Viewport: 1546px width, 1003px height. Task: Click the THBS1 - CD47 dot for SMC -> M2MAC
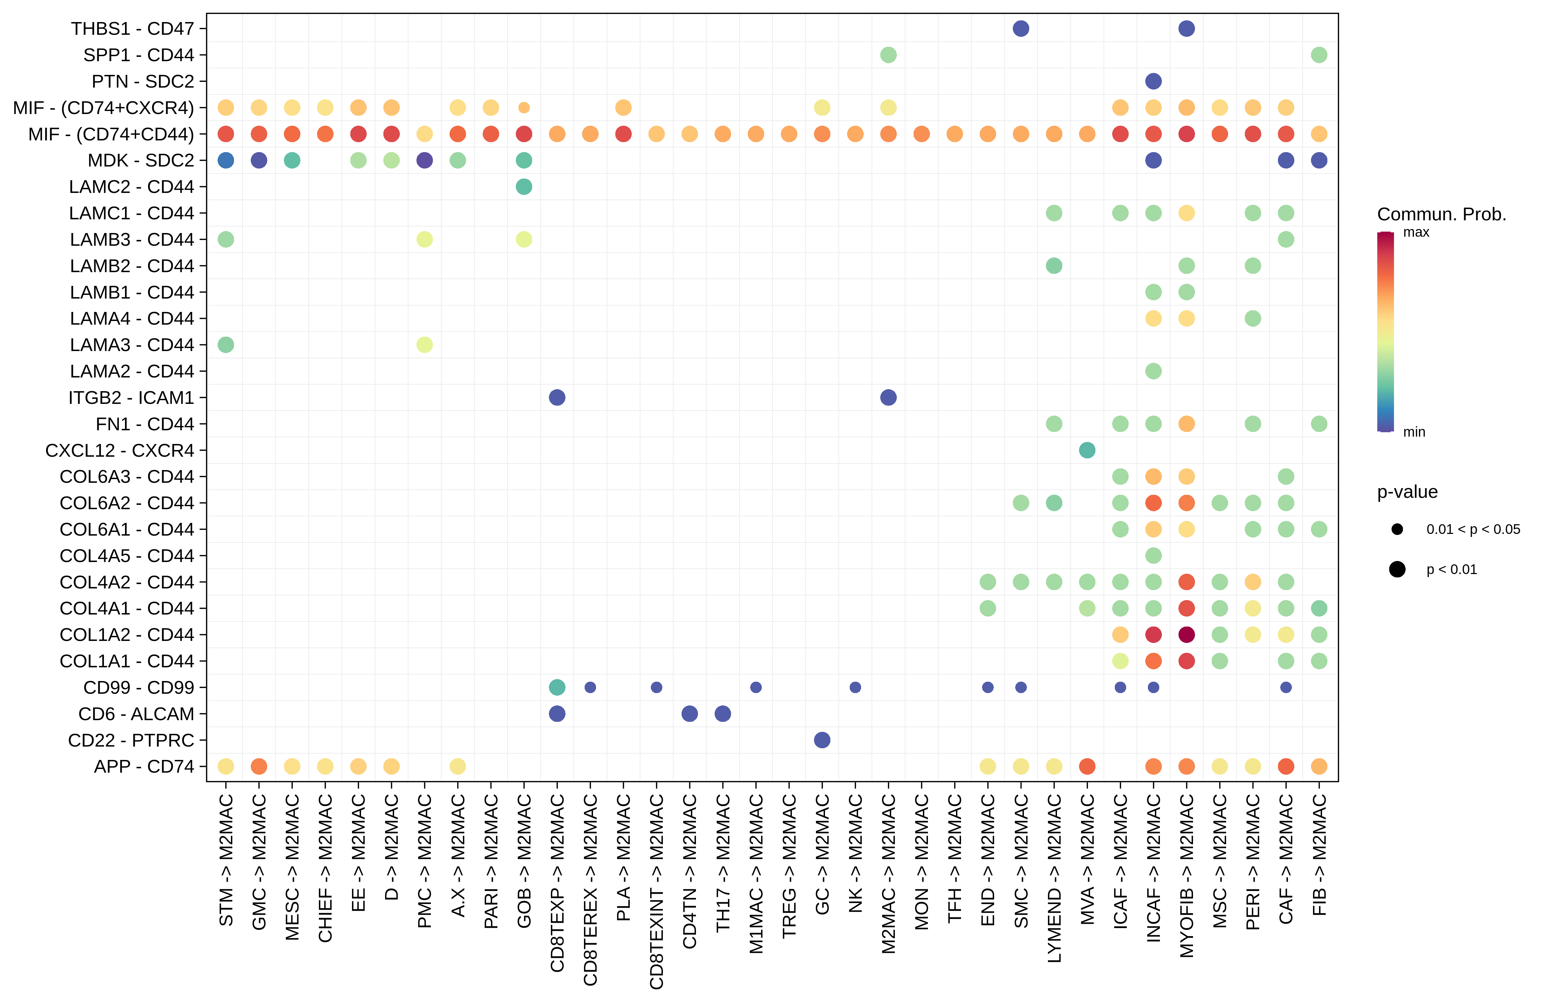pyautogui.click(x=1021, y=28)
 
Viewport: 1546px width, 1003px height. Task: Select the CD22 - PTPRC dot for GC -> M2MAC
pyautogui.click(x=822, y=740)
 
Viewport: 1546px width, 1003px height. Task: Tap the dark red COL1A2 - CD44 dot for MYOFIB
pyautogui.click(x=1186, y=635)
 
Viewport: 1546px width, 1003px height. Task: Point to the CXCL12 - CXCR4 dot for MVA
pyautogui.click(x=1087, y=450)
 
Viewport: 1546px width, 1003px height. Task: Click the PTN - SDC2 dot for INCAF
pyautogui.click(x=1153, y=81)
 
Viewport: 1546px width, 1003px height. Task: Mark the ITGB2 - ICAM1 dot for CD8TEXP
pyautogui.click(x=557, y=398)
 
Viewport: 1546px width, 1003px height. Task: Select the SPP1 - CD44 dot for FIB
pyautogui.click(x=1319, y=55)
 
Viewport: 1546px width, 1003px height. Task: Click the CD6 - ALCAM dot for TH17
pyautogui.click(x=722, y=714)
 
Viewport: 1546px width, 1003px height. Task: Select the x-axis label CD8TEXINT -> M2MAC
pyautogui.click(x=656, y=891)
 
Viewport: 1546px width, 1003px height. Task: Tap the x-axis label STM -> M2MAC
pyautogui.click(x=225, y=861)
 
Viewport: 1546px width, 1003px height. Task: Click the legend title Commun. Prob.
pyautogui.click(x=1441, y=214)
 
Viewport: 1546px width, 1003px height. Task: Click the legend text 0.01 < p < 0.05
pyautogui.click(x=1472, y=530)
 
